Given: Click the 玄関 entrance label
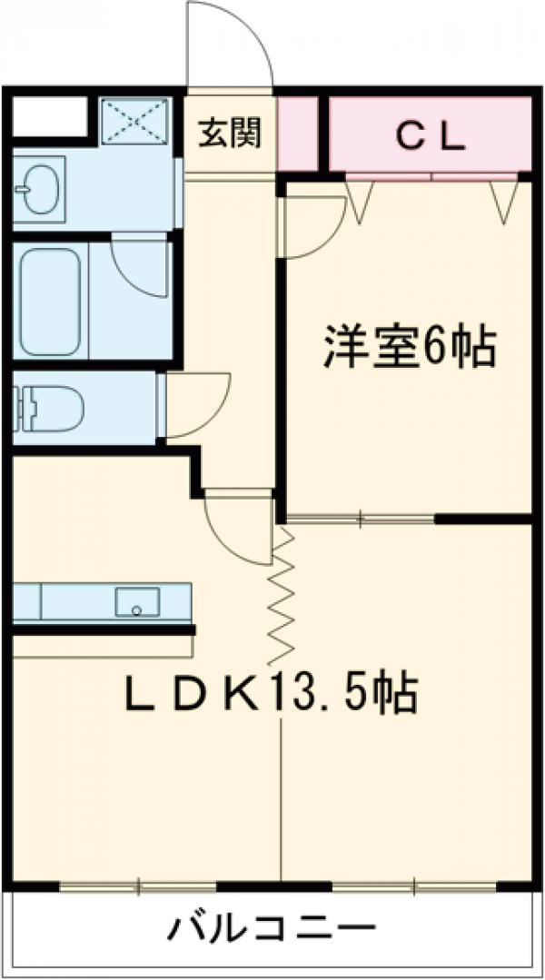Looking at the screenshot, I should coord(231,134).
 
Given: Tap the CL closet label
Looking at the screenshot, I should coord(430,137).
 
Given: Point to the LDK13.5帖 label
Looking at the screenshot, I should coord(270,696).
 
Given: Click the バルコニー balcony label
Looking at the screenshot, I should coord(272,929).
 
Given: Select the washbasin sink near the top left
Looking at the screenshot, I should coord(39,188).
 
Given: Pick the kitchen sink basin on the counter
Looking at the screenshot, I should coord(137,601).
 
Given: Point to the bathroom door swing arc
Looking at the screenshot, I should coord(141,263).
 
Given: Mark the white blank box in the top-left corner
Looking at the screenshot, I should coord(50,117).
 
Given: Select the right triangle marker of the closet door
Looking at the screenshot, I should coord(502,201).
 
